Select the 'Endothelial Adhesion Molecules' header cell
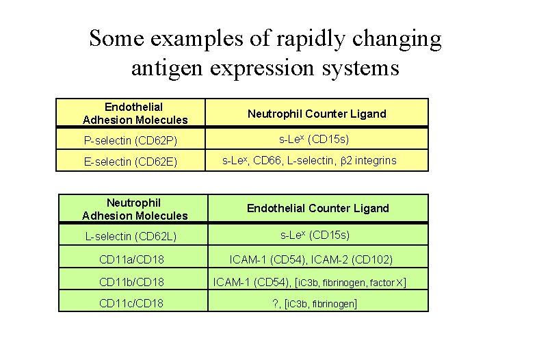coord(134,113)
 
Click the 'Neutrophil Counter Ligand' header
coord(317,114)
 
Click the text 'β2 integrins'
coord(367,161)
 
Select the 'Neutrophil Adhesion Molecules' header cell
coord(134,209)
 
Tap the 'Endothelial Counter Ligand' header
coord(317,208)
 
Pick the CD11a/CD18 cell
coord(131,259)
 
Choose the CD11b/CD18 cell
coord(131,281)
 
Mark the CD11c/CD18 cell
coord(131,303)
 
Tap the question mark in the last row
coord(274,303)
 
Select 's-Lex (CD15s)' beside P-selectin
coord(315,140)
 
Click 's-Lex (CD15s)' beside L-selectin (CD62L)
coord(315,235)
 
